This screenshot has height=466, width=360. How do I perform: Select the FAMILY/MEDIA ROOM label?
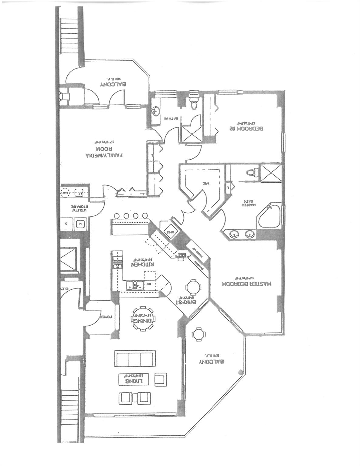[x=104, y=152]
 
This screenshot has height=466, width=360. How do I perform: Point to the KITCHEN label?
[x=143, y=264]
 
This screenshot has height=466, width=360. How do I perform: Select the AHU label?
[x=171, y=231]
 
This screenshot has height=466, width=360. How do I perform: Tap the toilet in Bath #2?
[x=193, y=103]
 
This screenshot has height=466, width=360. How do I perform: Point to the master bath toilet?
[x=252, y=172]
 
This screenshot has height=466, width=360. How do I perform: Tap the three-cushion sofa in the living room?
[x=135, y=360]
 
